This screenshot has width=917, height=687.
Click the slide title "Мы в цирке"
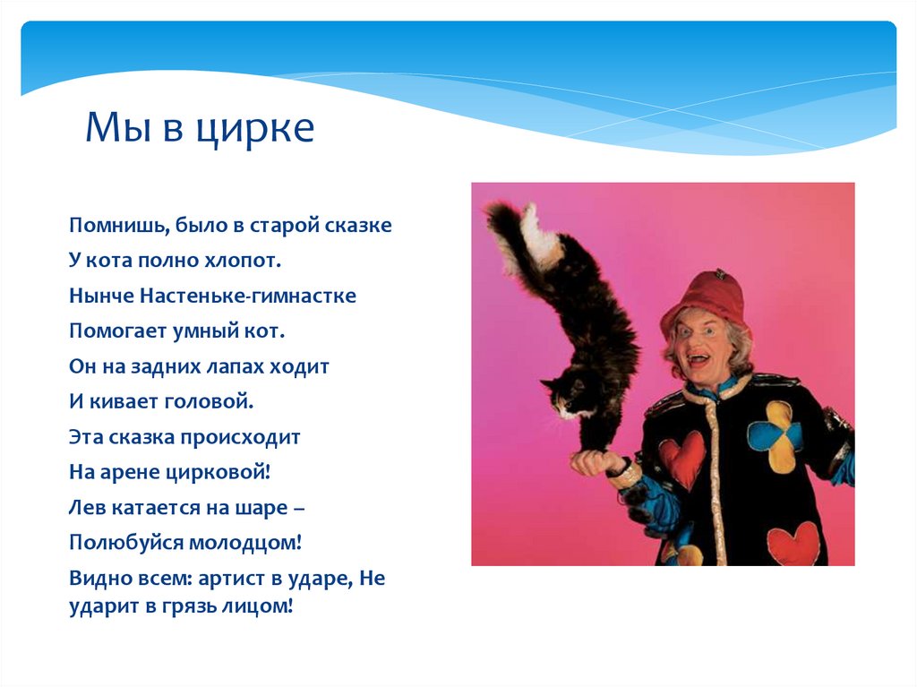[x=200, y=129]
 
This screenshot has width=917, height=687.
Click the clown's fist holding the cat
[x=596, y=462]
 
